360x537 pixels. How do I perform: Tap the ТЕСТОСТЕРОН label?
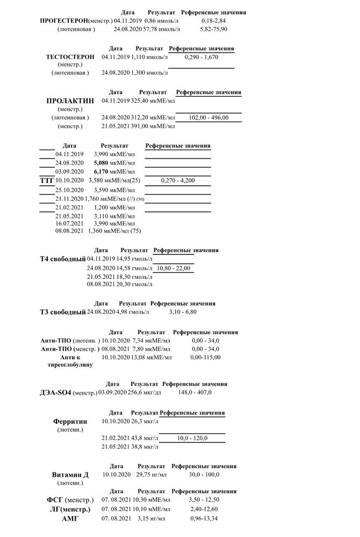pos(70,56)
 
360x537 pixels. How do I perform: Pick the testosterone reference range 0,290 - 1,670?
pos(201,56)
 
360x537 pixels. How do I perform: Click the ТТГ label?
pos(47,180)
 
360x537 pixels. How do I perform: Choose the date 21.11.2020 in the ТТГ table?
pos(69,199)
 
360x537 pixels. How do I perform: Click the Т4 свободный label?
pos(63,259)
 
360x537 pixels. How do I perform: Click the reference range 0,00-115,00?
pos(205,357)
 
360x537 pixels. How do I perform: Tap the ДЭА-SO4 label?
pos(69,393)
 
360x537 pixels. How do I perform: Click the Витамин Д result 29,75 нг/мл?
pos(152,475)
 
